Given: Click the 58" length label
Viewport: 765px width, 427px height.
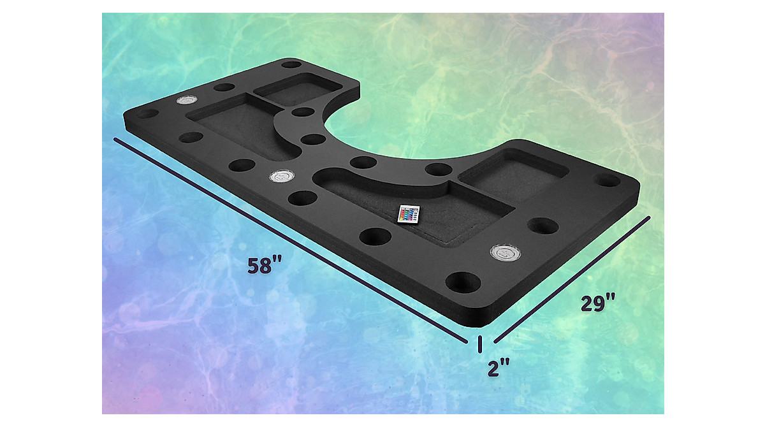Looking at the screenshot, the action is click(x=265, y=266).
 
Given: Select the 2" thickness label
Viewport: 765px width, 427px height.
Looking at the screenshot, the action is click(x=499, y=368).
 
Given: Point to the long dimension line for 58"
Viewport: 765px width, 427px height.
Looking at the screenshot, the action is click(x=291, y=240).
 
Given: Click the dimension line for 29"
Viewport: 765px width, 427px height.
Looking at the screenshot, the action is click(x=572, y=280).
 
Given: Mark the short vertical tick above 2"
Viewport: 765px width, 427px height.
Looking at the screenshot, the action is click(x=480, y=344).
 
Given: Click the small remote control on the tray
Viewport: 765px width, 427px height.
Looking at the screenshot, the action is click(x=409, y=214).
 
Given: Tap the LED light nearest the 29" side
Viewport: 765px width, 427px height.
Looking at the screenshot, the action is click(x=506, y=252).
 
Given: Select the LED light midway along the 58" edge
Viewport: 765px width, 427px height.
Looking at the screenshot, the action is click(x=281, y=176).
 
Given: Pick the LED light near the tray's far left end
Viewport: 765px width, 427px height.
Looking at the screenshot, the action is click(x=187, y=100).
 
